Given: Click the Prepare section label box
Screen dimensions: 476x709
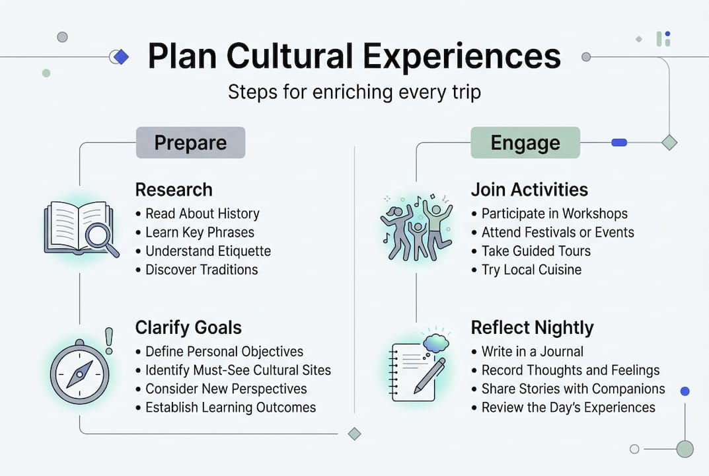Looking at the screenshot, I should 190,143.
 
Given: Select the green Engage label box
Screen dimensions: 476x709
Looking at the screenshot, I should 525,143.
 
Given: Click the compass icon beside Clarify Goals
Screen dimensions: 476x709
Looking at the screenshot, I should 79,374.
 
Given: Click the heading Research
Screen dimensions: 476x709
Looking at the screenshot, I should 174,190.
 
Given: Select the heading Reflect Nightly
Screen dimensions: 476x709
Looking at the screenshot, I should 532,328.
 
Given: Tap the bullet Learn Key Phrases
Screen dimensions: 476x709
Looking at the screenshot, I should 200,233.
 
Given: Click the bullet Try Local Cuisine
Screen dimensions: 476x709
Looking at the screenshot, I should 531,270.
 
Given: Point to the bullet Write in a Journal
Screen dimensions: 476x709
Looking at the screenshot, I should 532,352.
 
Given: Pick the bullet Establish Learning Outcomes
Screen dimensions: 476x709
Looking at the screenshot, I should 231,407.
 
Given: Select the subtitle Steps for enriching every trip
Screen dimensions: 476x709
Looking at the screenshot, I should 354,91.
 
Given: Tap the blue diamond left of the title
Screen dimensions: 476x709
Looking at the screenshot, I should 120,58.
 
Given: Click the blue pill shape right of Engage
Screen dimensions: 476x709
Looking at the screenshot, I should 619,142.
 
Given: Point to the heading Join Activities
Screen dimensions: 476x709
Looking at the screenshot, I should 529,190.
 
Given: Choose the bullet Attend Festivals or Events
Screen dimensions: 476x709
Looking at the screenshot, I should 557,233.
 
